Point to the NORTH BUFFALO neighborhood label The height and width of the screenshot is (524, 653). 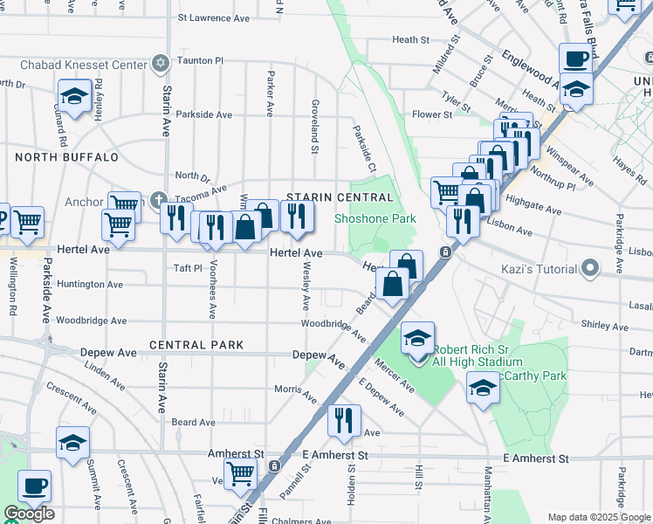(66, 157)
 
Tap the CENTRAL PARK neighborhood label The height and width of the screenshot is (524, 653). (196, 345)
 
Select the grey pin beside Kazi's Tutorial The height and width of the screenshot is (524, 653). (591, 265)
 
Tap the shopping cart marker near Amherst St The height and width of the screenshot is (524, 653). (240, 472)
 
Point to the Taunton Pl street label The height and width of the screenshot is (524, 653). (201, 61)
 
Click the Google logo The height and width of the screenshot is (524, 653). (28, 514)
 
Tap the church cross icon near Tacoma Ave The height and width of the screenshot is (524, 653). (158, 199)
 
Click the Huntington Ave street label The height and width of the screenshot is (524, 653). (90, 285)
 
